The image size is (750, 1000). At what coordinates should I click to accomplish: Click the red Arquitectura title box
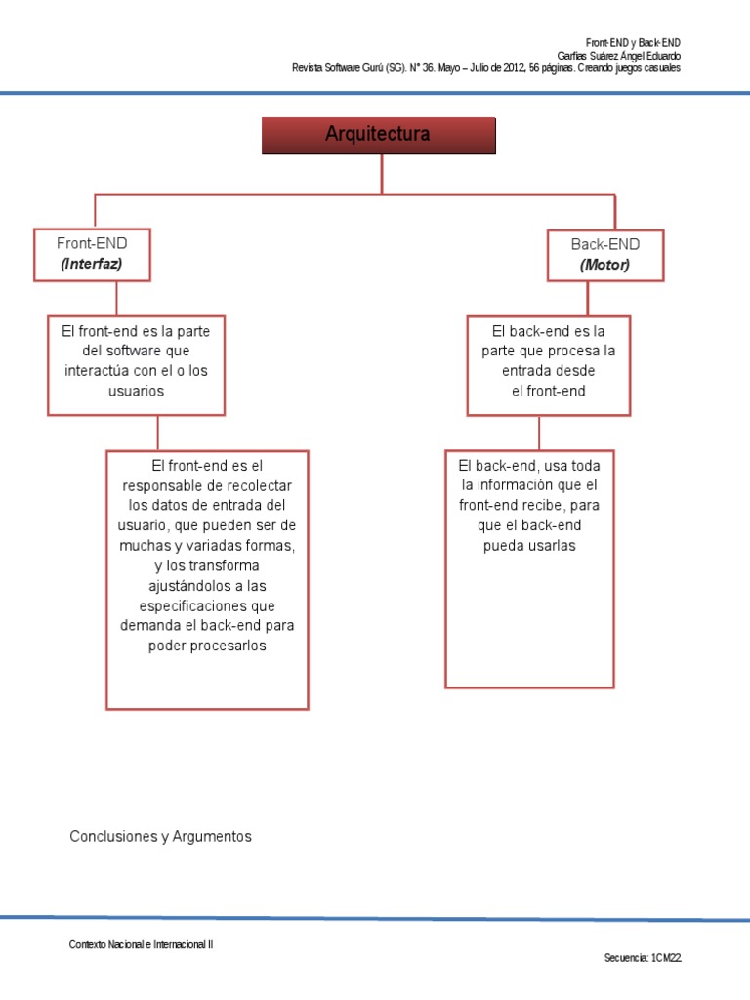tap(378, 136)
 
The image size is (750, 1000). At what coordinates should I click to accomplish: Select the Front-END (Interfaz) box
tap(93, 254)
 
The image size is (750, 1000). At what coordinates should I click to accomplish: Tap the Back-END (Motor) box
tap(604, 255)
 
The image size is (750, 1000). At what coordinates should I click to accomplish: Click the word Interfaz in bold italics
tap(93, 264)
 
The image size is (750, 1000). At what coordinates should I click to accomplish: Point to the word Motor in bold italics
tap(604, 265)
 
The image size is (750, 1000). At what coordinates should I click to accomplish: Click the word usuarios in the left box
tap(136, 391)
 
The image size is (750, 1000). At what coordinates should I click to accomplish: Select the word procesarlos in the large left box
tap(207, 646)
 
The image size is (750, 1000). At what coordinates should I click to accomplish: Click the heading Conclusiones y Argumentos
tap(161, 837)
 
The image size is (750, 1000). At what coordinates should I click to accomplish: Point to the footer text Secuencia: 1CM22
tap(643, 958)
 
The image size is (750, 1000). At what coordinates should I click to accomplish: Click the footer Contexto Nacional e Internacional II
tap(141, 945)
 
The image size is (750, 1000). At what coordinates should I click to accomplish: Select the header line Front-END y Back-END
tap(633, 43)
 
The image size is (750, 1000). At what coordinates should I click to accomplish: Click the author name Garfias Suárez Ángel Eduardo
tap(618, 56)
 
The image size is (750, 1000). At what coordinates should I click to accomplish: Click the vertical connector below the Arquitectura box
tap(382, 174)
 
